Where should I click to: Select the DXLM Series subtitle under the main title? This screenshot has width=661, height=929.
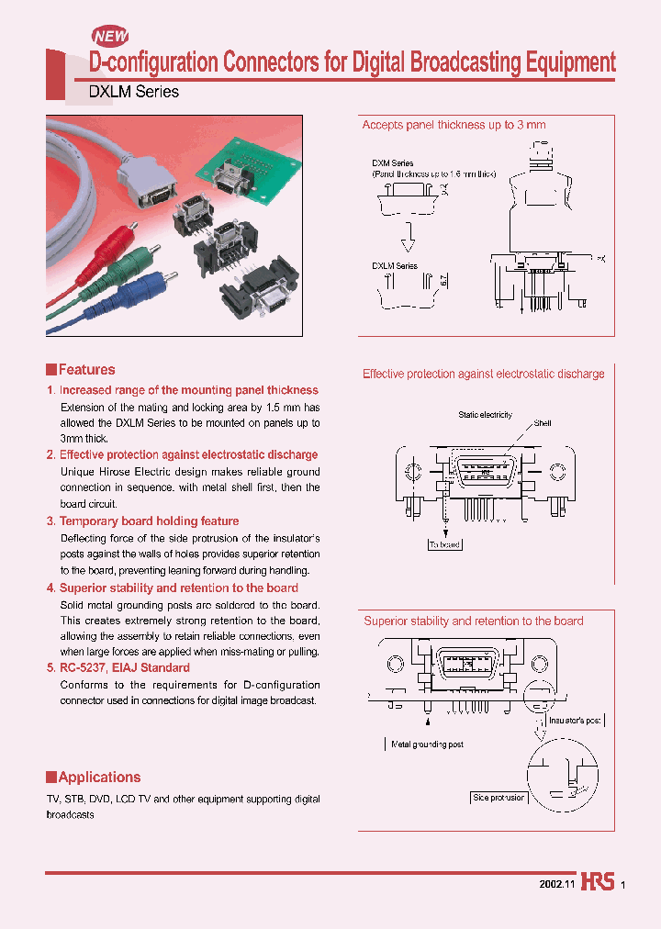(133, 92)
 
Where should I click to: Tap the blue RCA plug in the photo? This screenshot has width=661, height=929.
(173, 275)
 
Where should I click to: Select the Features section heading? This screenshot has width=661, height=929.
(86, 370)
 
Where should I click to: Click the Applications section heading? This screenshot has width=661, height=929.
(99, 777)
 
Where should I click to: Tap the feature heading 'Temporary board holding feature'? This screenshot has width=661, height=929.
(149, 521)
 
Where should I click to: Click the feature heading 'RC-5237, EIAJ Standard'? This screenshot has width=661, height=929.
(124, 668)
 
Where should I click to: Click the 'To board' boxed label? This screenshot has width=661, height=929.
(445, 544)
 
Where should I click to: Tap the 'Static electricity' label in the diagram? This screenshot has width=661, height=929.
(485, 415)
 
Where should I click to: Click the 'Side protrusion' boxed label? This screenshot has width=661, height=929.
(499, 798)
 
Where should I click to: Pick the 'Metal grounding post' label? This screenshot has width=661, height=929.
(427, 744)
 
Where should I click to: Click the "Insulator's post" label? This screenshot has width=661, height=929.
(574, 721)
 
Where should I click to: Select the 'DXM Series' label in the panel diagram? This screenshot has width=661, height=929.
(393, 162)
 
